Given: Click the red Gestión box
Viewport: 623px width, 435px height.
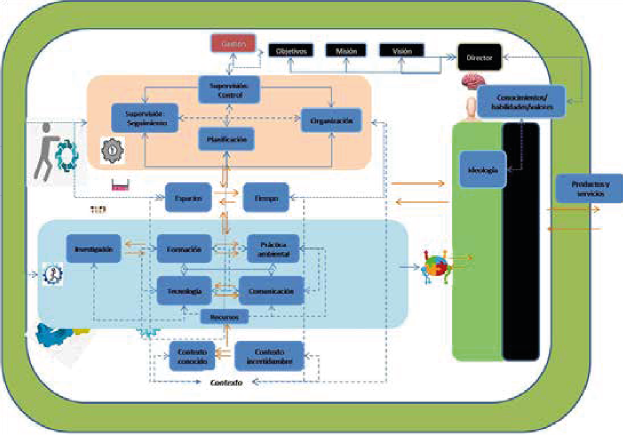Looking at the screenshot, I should point(233,43).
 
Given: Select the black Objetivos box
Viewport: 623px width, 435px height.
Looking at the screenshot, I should point(291,51).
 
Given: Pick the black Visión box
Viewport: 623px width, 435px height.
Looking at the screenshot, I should point(401,51).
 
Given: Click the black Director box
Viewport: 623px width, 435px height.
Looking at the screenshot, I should point(479,58).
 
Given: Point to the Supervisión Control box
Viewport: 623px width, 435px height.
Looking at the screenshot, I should point(229,90).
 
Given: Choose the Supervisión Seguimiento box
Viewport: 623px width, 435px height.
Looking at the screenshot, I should point(145,118).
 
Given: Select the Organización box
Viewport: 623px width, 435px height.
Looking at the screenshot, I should point(331,120).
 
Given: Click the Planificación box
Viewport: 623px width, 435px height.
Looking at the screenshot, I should point(226,140).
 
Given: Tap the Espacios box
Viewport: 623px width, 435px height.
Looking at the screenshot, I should point(188,198).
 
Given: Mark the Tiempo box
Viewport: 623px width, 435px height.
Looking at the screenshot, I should point(266,198).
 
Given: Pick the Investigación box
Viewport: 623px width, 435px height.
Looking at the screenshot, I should point(94,249).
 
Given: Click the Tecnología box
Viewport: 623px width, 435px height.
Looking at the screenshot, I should point(184,291).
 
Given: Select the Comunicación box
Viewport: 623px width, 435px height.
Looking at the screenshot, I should point(271,291).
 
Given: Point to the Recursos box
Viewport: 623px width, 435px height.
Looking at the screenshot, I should point(225,317).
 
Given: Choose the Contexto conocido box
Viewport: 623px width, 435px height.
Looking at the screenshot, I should point(192,356).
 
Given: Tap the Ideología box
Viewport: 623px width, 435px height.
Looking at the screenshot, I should point(483,170).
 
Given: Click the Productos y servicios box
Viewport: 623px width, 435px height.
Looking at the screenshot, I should point(589,189).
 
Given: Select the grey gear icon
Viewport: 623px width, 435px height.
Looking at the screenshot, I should point(112,151).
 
